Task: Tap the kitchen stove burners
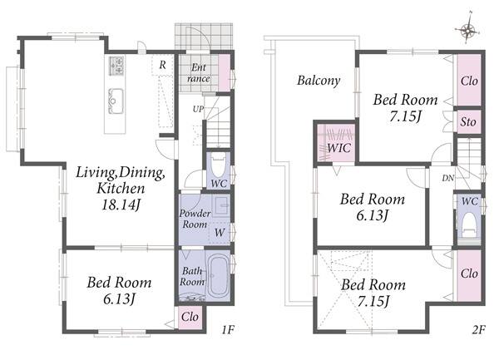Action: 116,66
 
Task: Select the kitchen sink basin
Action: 116,101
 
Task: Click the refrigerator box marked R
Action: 162,65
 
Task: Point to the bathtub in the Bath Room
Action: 219,276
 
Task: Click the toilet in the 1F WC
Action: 219,165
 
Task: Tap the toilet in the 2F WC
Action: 469,225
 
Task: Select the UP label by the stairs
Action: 198,110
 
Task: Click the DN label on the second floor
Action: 448,179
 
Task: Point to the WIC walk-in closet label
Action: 339,148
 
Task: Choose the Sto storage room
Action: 469,122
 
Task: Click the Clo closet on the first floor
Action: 190,317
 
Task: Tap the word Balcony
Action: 319,81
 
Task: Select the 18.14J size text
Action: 121,205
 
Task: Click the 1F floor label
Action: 228,329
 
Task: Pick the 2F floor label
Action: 479,329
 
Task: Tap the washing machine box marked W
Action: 220,233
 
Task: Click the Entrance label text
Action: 199,73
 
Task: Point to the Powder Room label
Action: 195,219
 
